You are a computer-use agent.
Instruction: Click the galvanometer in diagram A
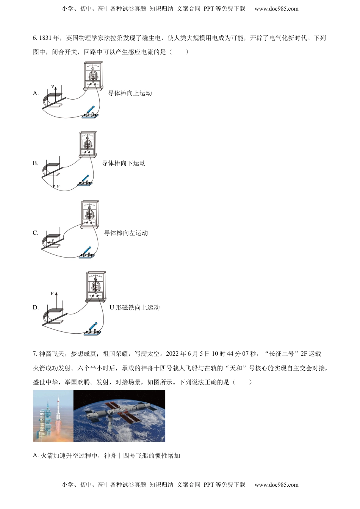[93, 75]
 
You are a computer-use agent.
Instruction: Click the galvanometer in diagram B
[88, 144]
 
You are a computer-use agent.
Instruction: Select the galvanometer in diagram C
[90, 214]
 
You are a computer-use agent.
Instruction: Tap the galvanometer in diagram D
[96, 286]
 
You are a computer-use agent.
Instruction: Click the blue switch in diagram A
[91, 112]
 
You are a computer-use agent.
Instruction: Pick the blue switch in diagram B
[85, 181]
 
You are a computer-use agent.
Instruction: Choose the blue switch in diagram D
[93, 329]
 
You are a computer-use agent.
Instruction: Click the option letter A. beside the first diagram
[36, 93]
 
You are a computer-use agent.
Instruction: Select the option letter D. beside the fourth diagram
[36, 308]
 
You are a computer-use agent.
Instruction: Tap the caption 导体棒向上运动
[130, 93]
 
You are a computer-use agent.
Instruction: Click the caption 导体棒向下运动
[124, 163]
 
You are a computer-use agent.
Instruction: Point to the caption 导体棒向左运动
[126, 233]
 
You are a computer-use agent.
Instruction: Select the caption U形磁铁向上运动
[135, 308]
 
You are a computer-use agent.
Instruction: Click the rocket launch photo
[53, 416]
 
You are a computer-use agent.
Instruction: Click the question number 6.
[35, 38]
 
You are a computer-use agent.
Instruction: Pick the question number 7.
[35, 354]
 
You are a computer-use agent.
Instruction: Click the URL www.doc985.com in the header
[276, 9]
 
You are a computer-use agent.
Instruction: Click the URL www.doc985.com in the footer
[276, 485]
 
